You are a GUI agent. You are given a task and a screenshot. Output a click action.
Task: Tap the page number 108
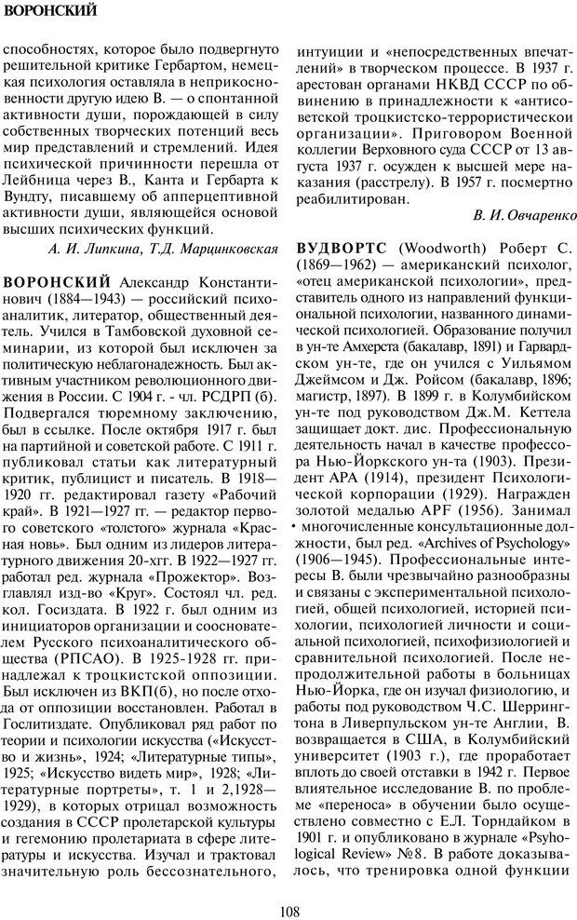point(288,898)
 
